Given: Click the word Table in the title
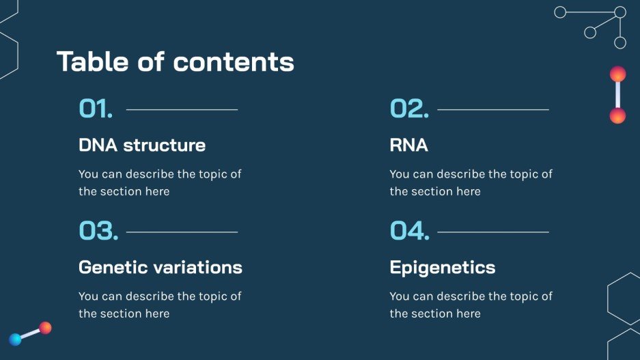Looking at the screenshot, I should pos(92,61).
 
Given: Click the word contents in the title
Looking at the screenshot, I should pos(234,62).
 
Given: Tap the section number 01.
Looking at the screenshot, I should pos(96,109).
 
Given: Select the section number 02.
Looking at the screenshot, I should pos(409,109).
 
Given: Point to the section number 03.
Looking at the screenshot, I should pos(98,231).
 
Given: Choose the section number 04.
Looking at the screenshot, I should pos(410,231).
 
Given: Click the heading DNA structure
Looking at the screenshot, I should pos(142,145).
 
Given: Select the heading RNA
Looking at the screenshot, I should pos(408,145).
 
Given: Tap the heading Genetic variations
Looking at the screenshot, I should pos(161,267).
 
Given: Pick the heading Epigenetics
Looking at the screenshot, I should pos(443,267).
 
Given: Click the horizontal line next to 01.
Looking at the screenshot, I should pos(182,109).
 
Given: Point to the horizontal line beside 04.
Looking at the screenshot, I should pos(492,232).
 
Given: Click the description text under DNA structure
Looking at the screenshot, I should pos(160,182).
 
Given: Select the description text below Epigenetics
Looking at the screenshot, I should pos(471,305).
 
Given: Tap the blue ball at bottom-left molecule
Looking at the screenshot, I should pos(15,340).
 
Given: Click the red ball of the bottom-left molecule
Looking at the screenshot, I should pos(46,328).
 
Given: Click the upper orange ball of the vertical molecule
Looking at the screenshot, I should pos(617,74).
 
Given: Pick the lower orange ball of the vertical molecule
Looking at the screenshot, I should pos(617,116).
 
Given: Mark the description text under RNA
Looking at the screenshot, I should pos(471,182).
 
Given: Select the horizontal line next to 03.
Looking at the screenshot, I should pos(182,232).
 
